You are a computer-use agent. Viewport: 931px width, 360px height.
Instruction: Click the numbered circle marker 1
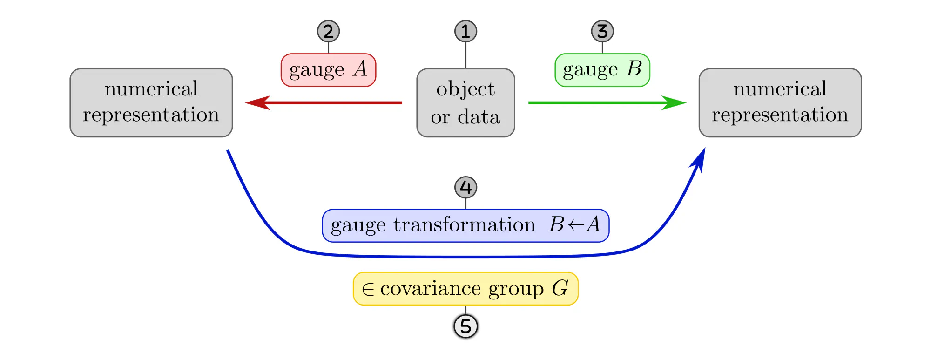pyautogui.click(x=465, y=32)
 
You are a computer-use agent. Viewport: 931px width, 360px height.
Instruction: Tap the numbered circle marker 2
pyautogui.click(x=328, y=32)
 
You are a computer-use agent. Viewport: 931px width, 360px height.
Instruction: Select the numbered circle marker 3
pyautogui.click(x=602, y=32)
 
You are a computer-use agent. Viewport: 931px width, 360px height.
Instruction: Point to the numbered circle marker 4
pyautogui.click(x=465, y=188)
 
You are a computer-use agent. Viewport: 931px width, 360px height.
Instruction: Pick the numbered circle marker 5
pyautogui.click(x=465, y=326)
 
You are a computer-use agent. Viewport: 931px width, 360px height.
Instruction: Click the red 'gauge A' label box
pyautogui.click(x=328, y=70)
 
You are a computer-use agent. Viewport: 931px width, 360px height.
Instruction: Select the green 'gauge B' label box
pyautogui.click(x=602, y=70)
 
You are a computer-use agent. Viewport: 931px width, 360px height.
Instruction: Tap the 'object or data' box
pyautogui.click(x=465, y=103)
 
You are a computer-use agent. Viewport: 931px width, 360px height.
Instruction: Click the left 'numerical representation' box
pyautogui.click(x=151, y=103)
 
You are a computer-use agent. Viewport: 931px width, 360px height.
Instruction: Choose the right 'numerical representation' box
pyautogui.click(x=780, y=103)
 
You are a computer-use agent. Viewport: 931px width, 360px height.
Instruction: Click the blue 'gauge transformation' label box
pyautogui.click(x=465, y=226)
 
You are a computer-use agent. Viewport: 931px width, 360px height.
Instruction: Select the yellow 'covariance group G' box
pyautogui.click(x=465, y=289)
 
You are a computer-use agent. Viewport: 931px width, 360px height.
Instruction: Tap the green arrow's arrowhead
pyautogui.click(x=675, y=102)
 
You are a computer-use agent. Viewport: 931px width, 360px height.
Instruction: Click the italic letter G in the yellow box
pyautogui.click(x=560, y=288)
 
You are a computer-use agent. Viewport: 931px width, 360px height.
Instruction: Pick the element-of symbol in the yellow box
pyautogui.click(x=368, y=290)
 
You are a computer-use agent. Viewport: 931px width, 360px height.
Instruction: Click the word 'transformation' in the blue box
pyautogui.click(x=465, y=225)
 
